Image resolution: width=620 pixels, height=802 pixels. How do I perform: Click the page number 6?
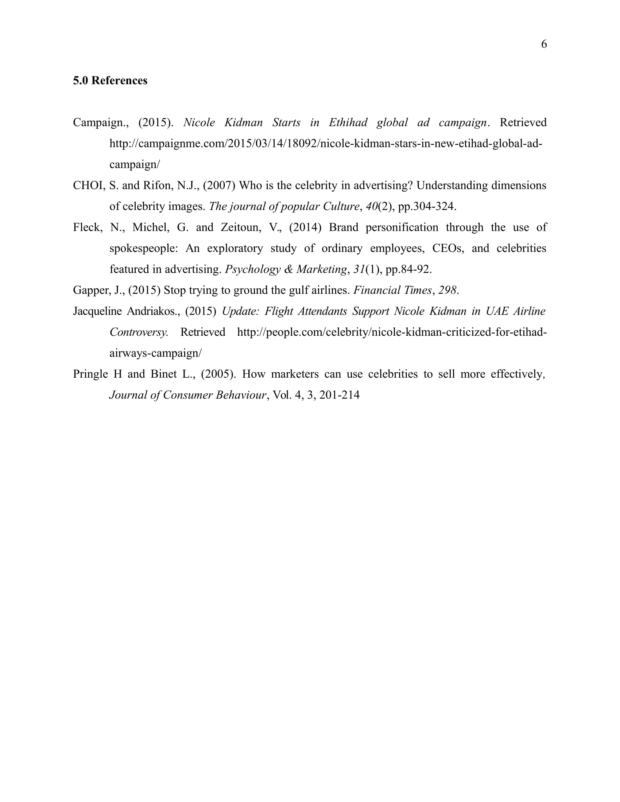click(x=544, y=44)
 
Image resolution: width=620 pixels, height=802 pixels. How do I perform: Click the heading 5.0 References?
click(x=110, y=81)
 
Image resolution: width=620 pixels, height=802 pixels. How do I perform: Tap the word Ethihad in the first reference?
click(x=348, y=122)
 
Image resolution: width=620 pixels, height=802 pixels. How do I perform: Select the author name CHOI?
click(x=89, y=186)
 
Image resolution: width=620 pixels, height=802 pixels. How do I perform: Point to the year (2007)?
click(x=219, y=186)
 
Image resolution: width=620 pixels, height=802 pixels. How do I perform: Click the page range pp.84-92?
click(x=408, y=269)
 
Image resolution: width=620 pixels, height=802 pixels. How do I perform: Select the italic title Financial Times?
click(x=392, y=291)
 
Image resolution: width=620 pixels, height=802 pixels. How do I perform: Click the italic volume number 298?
click(x=447, y=291)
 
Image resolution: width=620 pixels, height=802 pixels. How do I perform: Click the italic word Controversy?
click(x=139, y=332)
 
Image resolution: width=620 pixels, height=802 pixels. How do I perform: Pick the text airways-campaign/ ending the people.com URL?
click(x=155, y=353)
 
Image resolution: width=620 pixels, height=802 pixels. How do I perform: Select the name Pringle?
click(x=90, y=374)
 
